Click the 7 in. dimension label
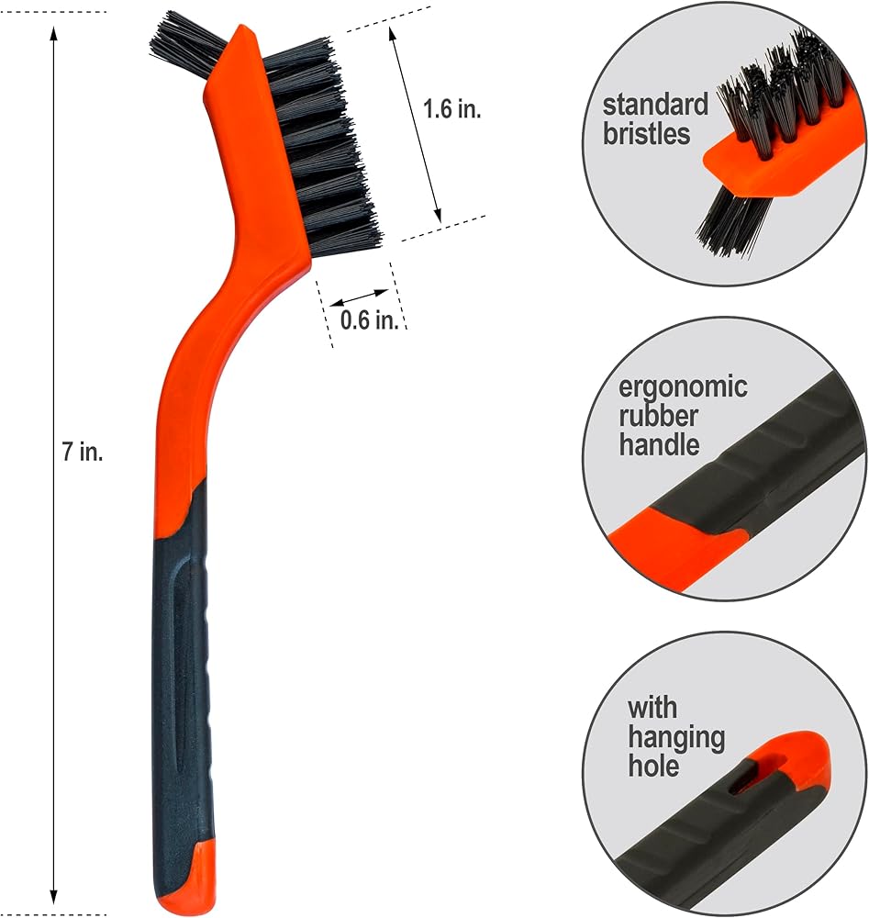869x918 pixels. tap(83, 452)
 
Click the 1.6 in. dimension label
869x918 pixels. tap(451, 109)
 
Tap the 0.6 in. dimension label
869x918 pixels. tap(369, 319)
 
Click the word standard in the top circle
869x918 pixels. tap(655, 105)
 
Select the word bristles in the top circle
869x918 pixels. tap(647, 133)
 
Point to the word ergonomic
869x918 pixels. tap(683, 387)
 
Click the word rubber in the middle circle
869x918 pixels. tap(658, 416)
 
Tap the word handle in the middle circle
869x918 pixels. tap(659, 445)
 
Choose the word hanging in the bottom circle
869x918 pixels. tap(676, 738)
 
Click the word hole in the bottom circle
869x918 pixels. tap(653, 766)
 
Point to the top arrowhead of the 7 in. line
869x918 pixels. tap(54, 34)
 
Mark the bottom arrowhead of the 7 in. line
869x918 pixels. tap(54, 896)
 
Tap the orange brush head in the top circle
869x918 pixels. tap(779, 170)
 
